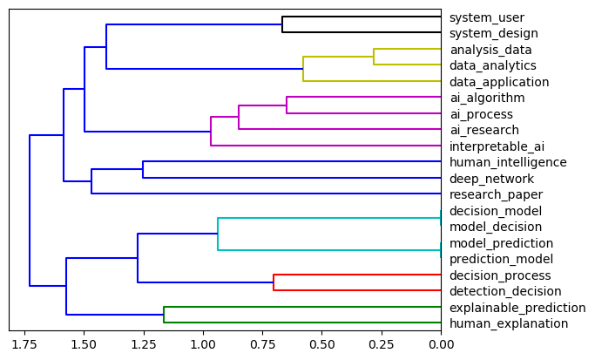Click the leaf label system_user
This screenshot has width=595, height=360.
click(486, 17)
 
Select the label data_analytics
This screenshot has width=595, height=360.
click(492, 65)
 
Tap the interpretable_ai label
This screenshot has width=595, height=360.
click(497, 146)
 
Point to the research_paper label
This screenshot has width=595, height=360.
click(496, 194)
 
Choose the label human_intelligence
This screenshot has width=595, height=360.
click(508, 162)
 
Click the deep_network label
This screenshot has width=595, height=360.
click(491, 179)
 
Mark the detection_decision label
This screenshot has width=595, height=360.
click(505, 291)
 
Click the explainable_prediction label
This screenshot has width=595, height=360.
click(517, 308)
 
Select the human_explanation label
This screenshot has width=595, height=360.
click(508, 323)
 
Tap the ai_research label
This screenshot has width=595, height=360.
click(483, 130)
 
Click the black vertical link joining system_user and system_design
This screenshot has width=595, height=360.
click(282, 25)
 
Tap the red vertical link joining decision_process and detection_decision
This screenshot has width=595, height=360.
click(274, 283)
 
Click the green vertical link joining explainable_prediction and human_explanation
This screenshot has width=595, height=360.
click(164, 316)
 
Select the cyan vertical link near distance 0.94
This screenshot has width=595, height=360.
click(218, 234)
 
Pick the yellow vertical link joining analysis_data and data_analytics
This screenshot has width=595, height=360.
click(374, 57)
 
